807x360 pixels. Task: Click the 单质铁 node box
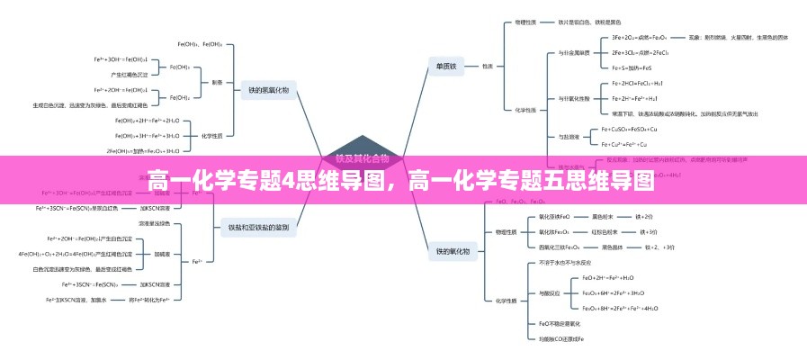pos(447,66)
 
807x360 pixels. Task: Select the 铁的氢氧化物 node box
pos(267,89)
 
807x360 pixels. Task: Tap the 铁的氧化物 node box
pos(453,251)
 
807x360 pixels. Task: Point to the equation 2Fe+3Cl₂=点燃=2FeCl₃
pos(640,52)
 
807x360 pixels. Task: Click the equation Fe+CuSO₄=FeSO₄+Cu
pos(636,129)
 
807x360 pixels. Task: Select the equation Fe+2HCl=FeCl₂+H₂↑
pos(636,83)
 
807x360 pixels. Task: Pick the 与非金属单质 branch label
pos(574,52)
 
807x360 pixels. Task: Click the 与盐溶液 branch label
pos(569,136)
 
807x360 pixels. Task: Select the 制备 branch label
pos(217,82)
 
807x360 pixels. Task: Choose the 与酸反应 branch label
pos(549,293)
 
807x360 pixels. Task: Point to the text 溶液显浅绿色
pos(154,223)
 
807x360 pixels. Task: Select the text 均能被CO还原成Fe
pos(560,338)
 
